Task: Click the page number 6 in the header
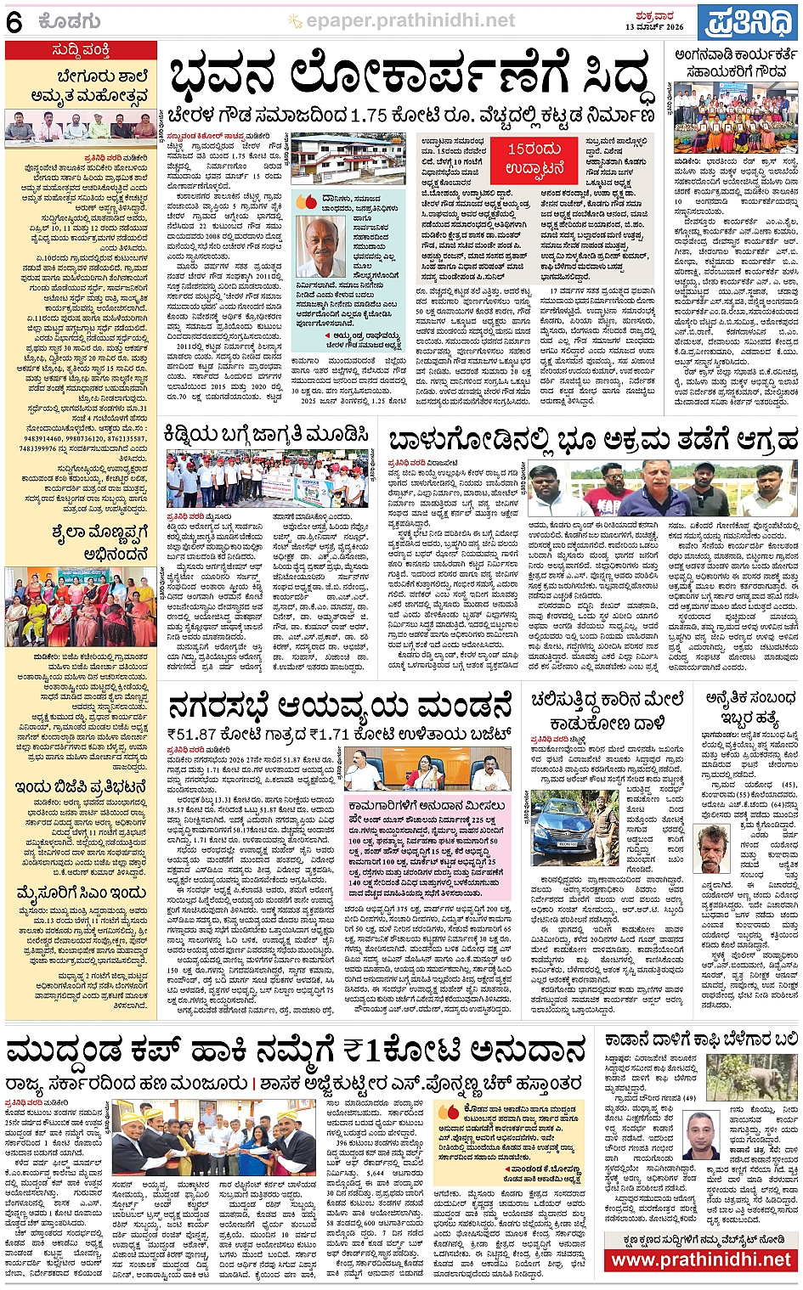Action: tap(14, 21)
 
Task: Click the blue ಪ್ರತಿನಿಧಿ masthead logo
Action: tap(748, 23)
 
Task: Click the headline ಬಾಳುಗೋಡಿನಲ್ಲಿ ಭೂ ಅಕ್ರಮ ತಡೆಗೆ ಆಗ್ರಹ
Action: tap(592, 440)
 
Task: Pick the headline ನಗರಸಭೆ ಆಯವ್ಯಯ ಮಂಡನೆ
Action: tap(340, 705)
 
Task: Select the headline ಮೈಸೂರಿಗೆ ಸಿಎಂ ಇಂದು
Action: tap(81, 893)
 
